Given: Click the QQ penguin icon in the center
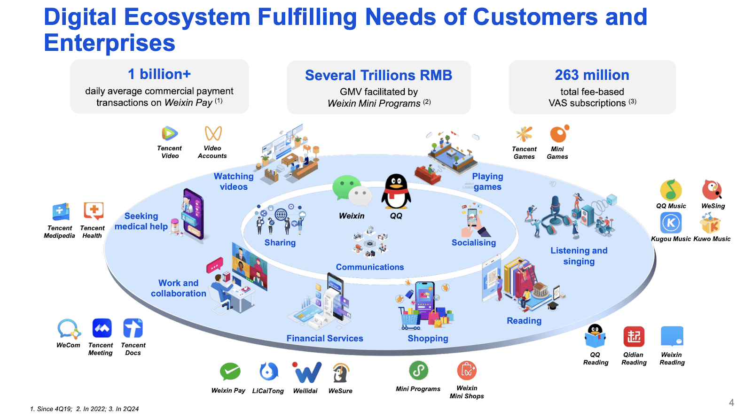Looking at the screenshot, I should click(x=396, y=192).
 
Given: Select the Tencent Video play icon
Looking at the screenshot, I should click(x=169, y=134).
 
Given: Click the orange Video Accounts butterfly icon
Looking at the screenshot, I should click(x=213, y=133).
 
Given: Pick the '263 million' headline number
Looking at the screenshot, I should click(x=592, y=75).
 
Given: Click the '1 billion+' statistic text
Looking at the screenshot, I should click(x=159, y=74).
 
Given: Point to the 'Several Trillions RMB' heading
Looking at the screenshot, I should click(x=378, y=76).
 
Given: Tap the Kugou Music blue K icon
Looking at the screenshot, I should click(x=671, y=223).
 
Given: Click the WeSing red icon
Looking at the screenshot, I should click(x=712, y=190).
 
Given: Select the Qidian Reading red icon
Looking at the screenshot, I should click(x=634, y=337).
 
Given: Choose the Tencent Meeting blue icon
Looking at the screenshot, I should click(x=102, y=328).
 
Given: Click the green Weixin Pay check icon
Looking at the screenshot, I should click(x=230, y=372).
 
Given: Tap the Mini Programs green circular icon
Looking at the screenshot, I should click(x=418, y=371).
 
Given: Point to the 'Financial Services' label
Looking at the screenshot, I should click(x=325, y=338).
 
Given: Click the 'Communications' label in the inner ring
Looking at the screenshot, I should click(x=370, y=267).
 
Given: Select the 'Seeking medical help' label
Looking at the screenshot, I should click(x=141, y=221).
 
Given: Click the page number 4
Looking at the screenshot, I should click(x=731, y=403).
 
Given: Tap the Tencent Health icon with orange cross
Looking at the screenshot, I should click(x=93, y=211).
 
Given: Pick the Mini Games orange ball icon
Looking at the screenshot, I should click(x=558, y=134).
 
